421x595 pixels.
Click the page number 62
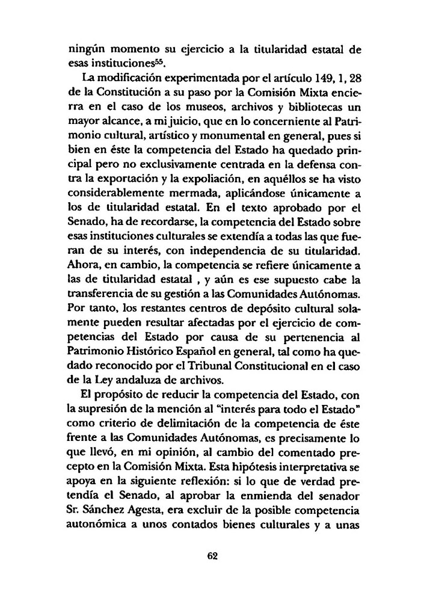point(211,556)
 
